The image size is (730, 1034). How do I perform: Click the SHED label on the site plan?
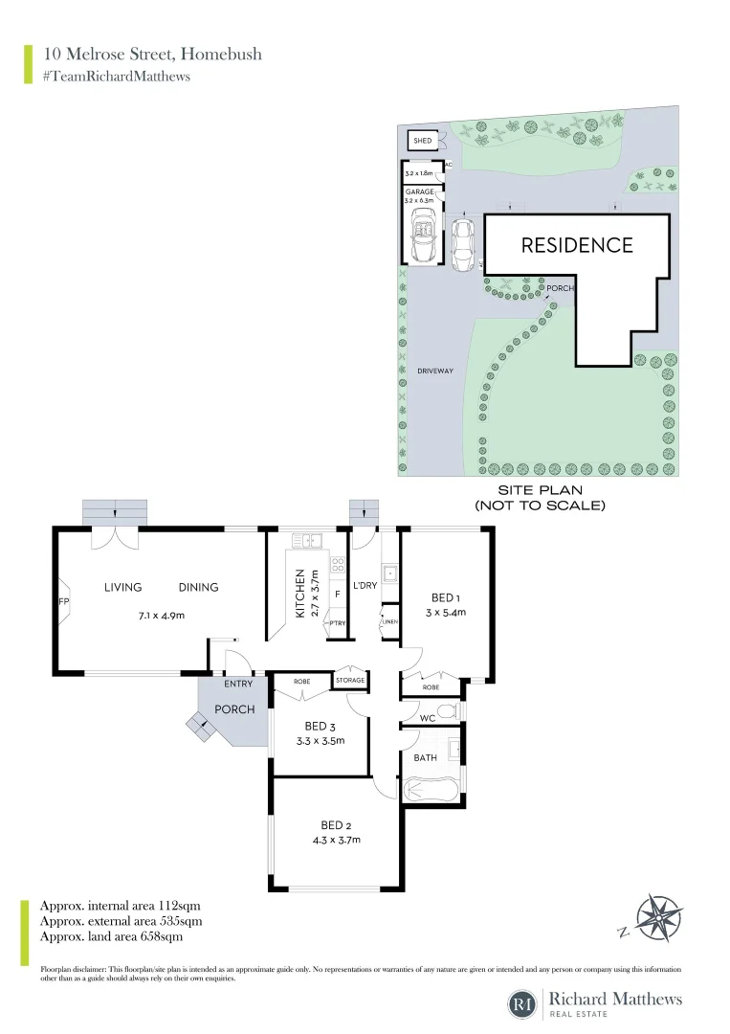[422, 141]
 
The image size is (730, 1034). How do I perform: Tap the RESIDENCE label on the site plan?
[576, 245]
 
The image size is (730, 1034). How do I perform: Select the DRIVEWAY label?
[434, 370]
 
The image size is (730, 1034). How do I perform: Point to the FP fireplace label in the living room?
[64, 602]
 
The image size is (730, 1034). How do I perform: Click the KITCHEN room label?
[299, 593]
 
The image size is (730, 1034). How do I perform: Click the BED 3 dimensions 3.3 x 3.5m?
[321, 740]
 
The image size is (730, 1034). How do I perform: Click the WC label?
[428, 717]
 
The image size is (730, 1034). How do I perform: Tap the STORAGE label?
[350, 681]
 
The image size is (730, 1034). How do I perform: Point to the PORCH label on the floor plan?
[233, 710]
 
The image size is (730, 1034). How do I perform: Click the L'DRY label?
[365, 585]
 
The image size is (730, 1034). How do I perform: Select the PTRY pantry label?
[336, 623]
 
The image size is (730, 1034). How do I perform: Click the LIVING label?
[123, 588]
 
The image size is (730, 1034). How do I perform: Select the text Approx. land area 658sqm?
[111, 936]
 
